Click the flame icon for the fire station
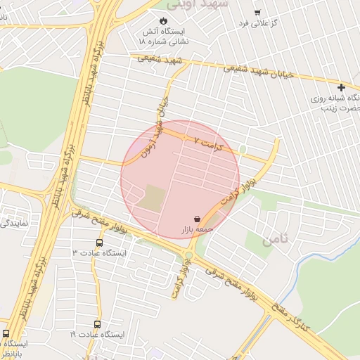[x=164, y=20]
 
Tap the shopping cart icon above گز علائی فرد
[x=257, y=12]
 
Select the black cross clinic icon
[x=341, y=88]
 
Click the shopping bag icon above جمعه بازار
[x=197, y=219]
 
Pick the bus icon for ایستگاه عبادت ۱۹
[x=98, y=324]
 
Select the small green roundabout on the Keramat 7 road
[x=243, y=150]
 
